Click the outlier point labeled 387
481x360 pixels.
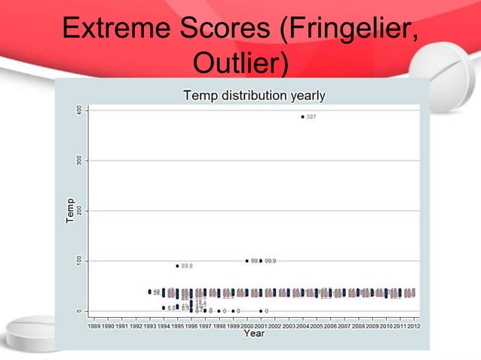[x=302, y=117]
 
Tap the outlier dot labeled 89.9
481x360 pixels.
[x=178, y=266]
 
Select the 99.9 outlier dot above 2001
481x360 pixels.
[x=261, y=261]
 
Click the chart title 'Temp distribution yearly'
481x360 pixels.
[x=255, y=96]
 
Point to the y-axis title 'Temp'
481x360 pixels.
[x=69, y=210]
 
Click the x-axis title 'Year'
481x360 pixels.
[x=253, y=333]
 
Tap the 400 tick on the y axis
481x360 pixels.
[x=78, y=110]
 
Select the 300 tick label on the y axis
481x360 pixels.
[x=78, y=160]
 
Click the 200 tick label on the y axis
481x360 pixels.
[x=78, y=211]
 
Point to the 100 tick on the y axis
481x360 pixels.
[x=78, y=261]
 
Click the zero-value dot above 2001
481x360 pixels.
[x=261, y=311]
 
